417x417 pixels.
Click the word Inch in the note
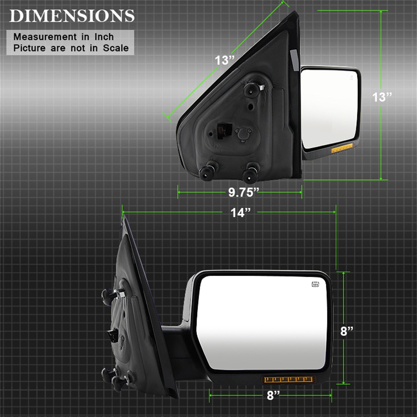click(x=104, y=37)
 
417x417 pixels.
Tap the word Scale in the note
click(x=116, y=48)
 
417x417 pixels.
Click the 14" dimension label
click(x=240, y=213)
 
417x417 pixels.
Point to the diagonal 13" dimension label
click(x=225, y=60)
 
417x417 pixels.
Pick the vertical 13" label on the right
click(x=382, y=97)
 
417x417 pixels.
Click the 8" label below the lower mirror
click(x=273, y=395)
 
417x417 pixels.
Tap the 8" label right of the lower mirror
click(x=347, y=331)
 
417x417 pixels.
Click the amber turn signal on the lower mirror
click(x=288, y=379)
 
